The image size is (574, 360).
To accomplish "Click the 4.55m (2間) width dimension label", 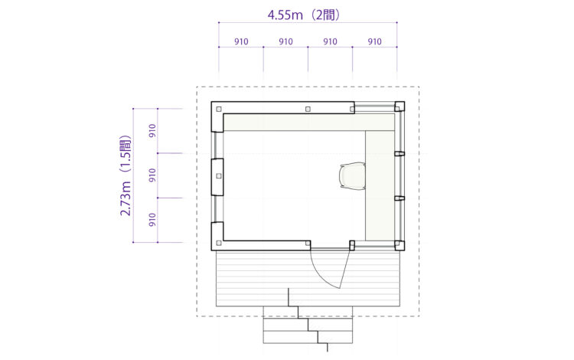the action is click(x=304, y=15).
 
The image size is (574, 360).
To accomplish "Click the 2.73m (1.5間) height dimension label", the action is click(x=126, y=176).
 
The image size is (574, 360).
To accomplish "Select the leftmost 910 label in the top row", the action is click(x=241, y=42).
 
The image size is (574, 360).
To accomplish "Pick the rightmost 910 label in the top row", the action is click(x=374, y=42).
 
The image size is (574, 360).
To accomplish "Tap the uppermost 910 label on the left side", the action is click(x=152, y=131).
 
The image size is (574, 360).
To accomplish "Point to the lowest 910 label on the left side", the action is click(x=152, y=220).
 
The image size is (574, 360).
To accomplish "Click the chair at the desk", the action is click(x=353, y=175).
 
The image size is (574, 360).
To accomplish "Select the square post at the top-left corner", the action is click(x=219, y=109).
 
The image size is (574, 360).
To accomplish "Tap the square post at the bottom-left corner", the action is click(x=219, y=243).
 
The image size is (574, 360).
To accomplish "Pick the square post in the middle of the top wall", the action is click(x=308, y=109).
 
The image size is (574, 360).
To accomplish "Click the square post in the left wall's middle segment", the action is click(x=219, y=176).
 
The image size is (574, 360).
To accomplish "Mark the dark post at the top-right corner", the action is click(x=399, y=106).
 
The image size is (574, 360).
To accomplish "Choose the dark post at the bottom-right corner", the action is click(x=399, y=245).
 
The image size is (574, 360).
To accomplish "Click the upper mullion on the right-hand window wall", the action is click(x=399, y=153).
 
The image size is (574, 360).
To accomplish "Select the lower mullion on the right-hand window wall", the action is click(x=399, y=198).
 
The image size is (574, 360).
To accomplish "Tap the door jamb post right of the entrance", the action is click(x=352, y=245).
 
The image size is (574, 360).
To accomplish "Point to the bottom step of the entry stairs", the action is click(x=308, y=337).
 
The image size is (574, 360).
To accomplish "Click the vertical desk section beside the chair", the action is click(x=380, y=185).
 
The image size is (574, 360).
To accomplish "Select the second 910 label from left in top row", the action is click(x=285, y=42).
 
